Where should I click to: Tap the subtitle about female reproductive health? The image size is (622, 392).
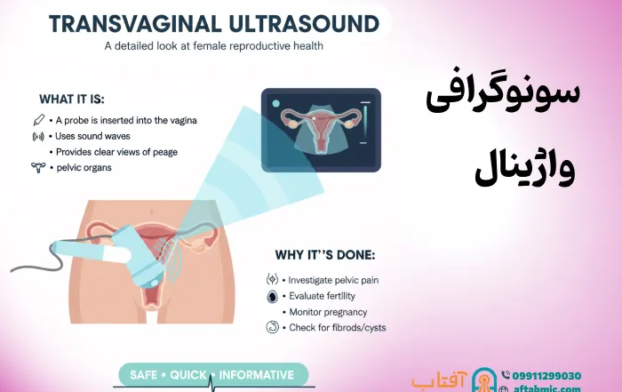(214, 45)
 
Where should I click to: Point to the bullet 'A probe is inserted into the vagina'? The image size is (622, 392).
(124, 120)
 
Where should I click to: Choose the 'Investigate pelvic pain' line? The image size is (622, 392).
(334, 280)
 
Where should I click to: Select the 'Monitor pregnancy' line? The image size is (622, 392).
(328, 312)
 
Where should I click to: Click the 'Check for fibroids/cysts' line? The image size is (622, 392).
(337, 328)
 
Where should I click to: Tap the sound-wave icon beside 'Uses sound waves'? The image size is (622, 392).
(38, 136)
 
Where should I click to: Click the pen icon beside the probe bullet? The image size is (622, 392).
(38, 120)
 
